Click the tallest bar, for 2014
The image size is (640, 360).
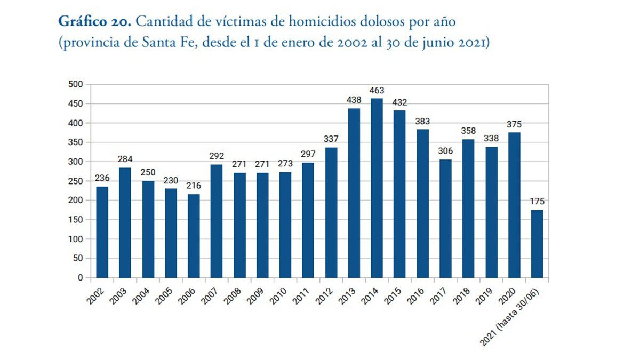pos(377,188)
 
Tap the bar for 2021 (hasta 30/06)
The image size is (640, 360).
pos(537,244)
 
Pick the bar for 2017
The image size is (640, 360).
pos(445,218)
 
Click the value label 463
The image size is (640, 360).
pos(377,91)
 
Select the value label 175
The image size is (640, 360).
pos(537,202)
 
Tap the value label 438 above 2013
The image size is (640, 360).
pos(354,100)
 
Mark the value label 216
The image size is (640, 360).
pos(194,186)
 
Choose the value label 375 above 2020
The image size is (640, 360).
pos(514,125)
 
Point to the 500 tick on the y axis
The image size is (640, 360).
pos(75,84)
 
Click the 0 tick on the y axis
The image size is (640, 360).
pos(79,277)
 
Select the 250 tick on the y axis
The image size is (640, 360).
pos(75,181)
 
